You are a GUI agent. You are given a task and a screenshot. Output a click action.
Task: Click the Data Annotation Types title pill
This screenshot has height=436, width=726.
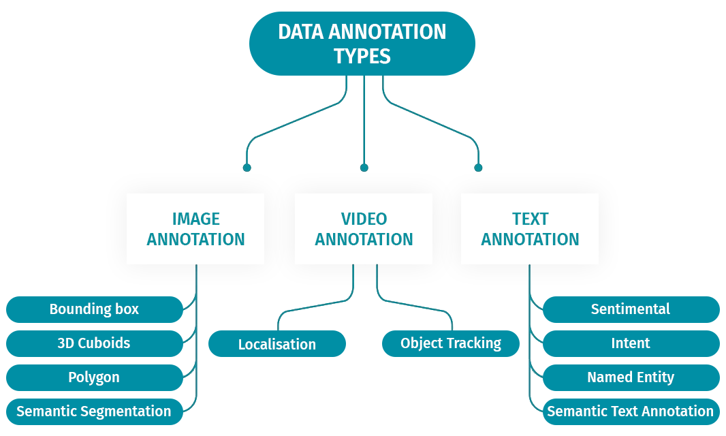click(x=362, y=43)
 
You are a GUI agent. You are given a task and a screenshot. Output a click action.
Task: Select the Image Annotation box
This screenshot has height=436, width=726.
click(x=195, y=229)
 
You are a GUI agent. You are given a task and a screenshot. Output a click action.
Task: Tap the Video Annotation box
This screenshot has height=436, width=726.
click(x=364, y=229)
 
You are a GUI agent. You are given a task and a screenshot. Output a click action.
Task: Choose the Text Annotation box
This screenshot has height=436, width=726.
click(x=530, y=229)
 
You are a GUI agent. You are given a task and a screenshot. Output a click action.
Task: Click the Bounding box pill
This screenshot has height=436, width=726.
click(x=94, y=309)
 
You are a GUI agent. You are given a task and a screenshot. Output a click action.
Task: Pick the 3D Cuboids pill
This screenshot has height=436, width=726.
click(x=94, y=343)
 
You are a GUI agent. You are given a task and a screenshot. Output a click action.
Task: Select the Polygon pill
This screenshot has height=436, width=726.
click(x=94, y=377)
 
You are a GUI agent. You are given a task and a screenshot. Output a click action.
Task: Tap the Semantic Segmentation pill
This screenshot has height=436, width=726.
click(x=94, y=411)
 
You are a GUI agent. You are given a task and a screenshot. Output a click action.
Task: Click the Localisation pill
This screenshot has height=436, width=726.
click(x=277, y=344)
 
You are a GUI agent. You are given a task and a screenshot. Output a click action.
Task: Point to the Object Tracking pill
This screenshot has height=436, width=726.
click(x=451, y=343)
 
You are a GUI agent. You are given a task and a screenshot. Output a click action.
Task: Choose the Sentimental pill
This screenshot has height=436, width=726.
click(x=631, y=309)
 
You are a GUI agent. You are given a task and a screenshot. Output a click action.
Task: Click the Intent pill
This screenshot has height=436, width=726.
click(x=631, y=343)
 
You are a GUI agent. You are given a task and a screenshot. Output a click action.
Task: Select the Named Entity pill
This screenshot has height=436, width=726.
click(x=631, y=377)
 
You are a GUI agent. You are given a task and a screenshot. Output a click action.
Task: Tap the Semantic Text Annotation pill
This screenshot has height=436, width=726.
click(x=631, y=411)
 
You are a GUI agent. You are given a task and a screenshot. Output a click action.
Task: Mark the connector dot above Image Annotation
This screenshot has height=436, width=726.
click(x=247, y=168)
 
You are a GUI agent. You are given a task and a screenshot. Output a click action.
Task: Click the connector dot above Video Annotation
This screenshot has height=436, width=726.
click(x=364, y=168)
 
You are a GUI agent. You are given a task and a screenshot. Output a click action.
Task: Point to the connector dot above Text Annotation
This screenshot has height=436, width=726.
click(x=478, y=168)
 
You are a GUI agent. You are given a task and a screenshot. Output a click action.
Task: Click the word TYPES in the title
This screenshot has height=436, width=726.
click(x=362, y=56)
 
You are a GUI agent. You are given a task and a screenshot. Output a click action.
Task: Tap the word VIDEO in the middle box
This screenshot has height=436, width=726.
click(x=364, y=219)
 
